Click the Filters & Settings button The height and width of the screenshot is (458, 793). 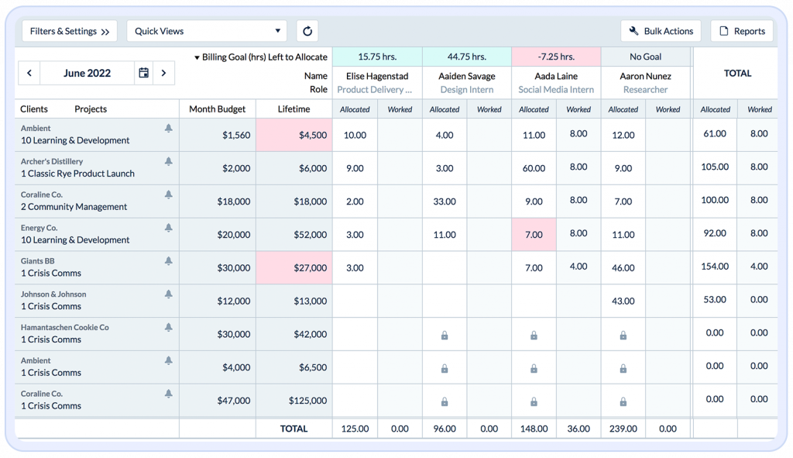70,31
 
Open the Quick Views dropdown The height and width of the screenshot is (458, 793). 207,31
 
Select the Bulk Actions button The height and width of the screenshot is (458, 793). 661,31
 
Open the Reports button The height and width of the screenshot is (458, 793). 742,31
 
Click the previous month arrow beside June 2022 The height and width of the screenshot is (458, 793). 29,73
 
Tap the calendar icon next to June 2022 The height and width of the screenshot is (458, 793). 143,73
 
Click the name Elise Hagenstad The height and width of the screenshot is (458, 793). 377,76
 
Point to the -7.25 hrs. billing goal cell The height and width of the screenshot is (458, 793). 556,57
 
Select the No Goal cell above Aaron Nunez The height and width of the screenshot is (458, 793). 645,57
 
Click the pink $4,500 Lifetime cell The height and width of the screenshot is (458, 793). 294,135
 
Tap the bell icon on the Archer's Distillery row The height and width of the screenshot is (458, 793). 169,161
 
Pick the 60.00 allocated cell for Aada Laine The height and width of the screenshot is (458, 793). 534,168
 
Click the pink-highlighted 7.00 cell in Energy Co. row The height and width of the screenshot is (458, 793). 534,234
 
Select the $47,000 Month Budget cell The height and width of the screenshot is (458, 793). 218,401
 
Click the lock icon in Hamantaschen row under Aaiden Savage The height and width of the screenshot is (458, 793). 445,336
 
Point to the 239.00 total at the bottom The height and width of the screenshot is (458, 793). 623,429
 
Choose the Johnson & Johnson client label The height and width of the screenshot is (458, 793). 53,294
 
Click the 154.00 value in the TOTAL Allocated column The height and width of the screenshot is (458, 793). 715,267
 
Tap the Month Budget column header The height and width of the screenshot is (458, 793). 218,109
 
